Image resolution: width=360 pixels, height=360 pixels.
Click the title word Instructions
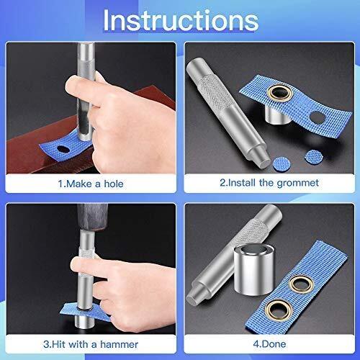tap(181, 21)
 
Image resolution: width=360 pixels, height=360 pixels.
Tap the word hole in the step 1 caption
tap(114, 184)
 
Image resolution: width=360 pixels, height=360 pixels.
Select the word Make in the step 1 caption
tap(79, 184)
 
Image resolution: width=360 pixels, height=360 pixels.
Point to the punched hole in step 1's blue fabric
tap(63, 150)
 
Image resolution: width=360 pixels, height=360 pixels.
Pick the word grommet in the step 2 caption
tap(298, 184)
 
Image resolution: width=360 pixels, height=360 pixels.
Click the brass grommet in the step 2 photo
tap(280, 93)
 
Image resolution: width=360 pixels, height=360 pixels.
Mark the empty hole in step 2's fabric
tap(318, 117)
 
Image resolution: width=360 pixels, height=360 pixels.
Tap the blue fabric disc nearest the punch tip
tap(282, 163)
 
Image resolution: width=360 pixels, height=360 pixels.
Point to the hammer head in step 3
tap(93, 217)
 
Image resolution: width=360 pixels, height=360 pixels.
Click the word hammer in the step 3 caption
tap(119, 344)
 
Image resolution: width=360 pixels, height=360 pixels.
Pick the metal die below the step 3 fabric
tap(84, 322)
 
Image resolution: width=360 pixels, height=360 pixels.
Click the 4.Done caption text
tap(269, 344)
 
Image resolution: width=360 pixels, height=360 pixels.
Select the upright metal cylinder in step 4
tap(253, 270)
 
